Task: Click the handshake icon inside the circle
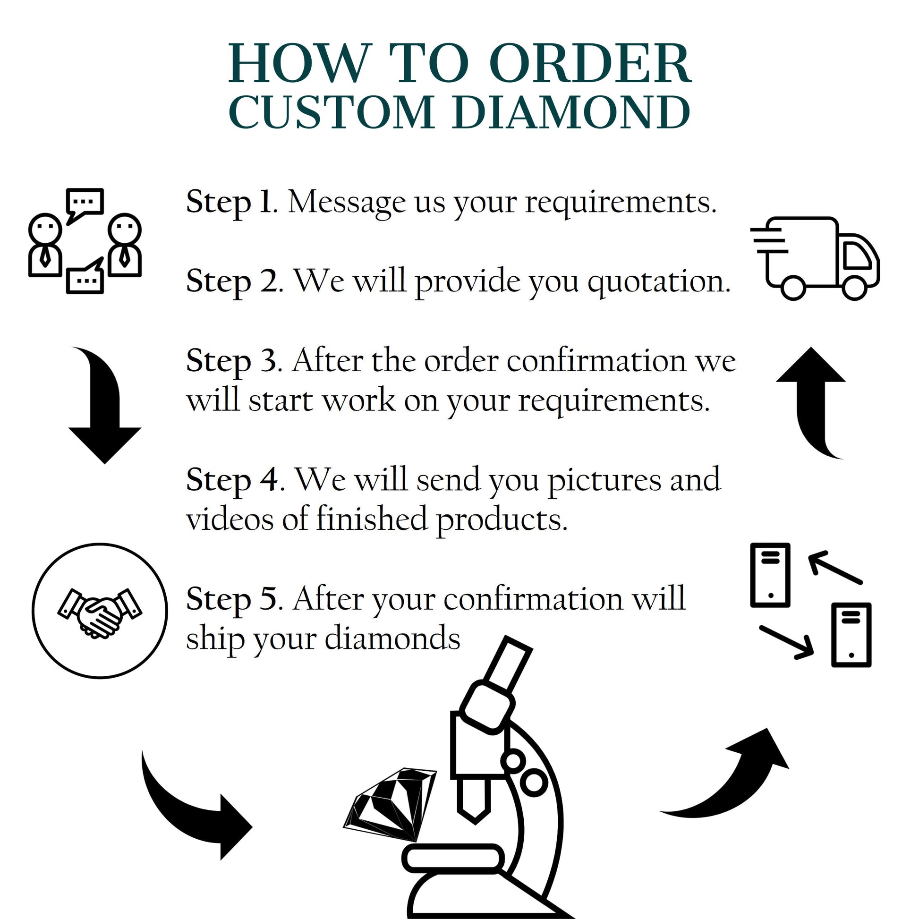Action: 100,613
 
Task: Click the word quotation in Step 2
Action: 658,281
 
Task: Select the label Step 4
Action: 232,479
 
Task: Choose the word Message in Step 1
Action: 347,203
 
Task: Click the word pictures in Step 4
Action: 604,480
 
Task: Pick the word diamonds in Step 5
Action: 392,638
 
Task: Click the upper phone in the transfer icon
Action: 770,576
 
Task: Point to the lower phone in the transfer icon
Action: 851,635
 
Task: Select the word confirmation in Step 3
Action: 596,362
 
